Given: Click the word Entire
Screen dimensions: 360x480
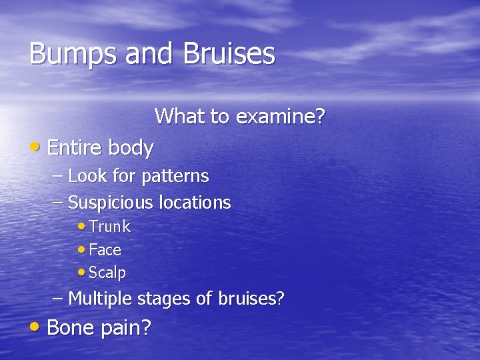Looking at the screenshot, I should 75,147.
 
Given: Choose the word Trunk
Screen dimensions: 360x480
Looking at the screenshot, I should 109,227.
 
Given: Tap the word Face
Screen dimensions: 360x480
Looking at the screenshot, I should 105,250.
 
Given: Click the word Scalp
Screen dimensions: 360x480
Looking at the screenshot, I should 107,273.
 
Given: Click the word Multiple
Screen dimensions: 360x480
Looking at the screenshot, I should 101,299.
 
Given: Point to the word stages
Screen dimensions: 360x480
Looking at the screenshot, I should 164,299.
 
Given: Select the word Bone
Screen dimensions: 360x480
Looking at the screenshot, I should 73,327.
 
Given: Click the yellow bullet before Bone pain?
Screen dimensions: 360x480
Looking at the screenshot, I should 37,327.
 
